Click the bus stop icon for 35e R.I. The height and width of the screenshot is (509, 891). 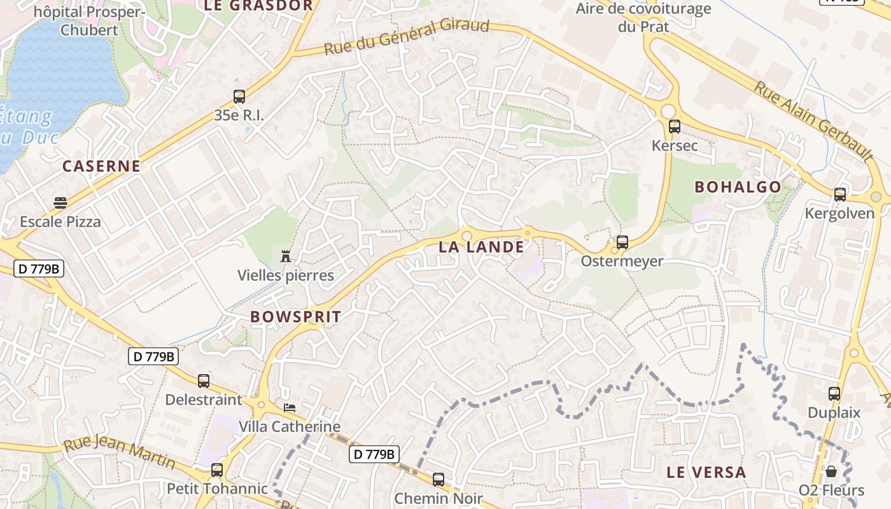pyautogui.click(x=239, y=97)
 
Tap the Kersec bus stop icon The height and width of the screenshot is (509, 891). pyautogui.click(x=675, y=127)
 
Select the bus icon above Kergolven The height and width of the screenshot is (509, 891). pyautogui.click(x=840, y=195)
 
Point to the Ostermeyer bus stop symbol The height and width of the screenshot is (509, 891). pyautogui.click(x=622, y=242)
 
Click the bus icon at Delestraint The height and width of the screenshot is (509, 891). pyautogui.click(x=204, y=381)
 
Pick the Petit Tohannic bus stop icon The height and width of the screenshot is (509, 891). pyautogui.click(x=217, y=470)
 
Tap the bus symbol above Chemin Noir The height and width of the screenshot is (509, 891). pyautogui.click(x=438, y=480)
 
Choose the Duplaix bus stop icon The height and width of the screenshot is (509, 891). pyautogui.click(x=834, y=394)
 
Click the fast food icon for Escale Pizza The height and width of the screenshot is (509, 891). pyautogui.click(x=60, y=203)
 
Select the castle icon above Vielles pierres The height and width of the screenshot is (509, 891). pyautogui.click(x=286, y=256)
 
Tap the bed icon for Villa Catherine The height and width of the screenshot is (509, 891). pyautogui.click(x=290, y=407)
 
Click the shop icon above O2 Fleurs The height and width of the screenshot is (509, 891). pyautogui.click(x=831, y=471)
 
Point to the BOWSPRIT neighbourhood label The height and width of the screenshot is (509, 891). pyautogui.click(x=295, y=316)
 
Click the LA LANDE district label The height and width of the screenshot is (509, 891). pyautogui.click(x=481, y=247)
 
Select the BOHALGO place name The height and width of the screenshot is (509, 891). pyautogui.click(x=738, y=187)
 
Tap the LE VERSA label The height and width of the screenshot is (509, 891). pyautogui.click(x=706, y=472)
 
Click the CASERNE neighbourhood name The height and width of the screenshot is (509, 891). pyautogui.click(x=101, y=166)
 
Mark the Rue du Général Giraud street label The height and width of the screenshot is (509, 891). pyautogui.click(x=407, y=36)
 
